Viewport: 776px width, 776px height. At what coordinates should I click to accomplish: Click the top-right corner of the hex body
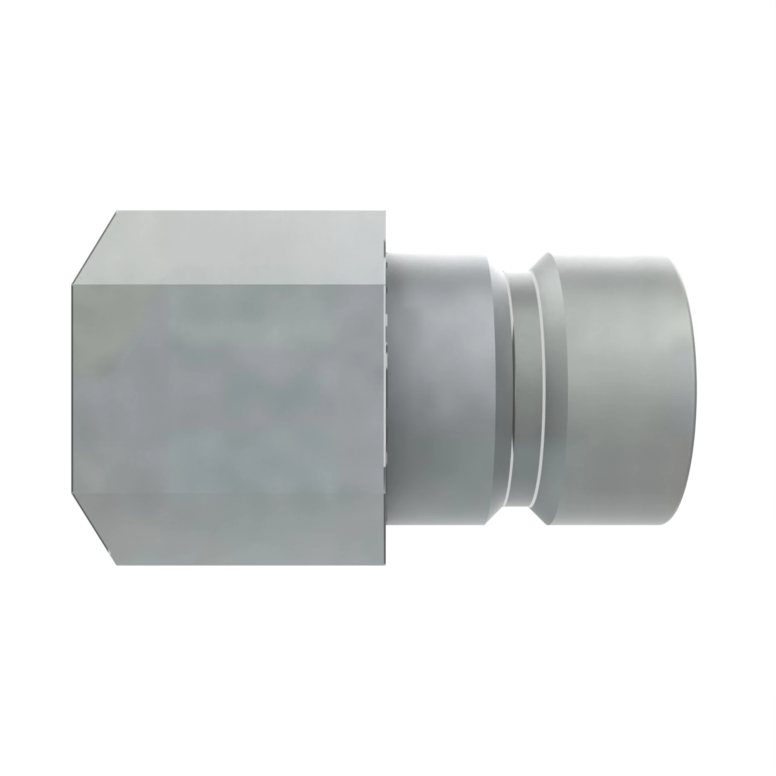point(385,211)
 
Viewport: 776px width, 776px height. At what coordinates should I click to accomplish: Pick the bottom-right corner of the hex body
point(385,565)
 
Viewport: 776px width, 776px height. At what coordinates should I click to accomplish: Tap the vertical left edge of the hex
point(72,388)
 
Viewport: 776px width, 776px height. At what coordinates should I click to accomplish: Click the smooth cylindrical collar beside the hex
point(438,388)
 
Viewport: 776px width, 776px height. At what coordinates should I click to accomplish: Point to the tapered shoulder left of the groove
point(498,388)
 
